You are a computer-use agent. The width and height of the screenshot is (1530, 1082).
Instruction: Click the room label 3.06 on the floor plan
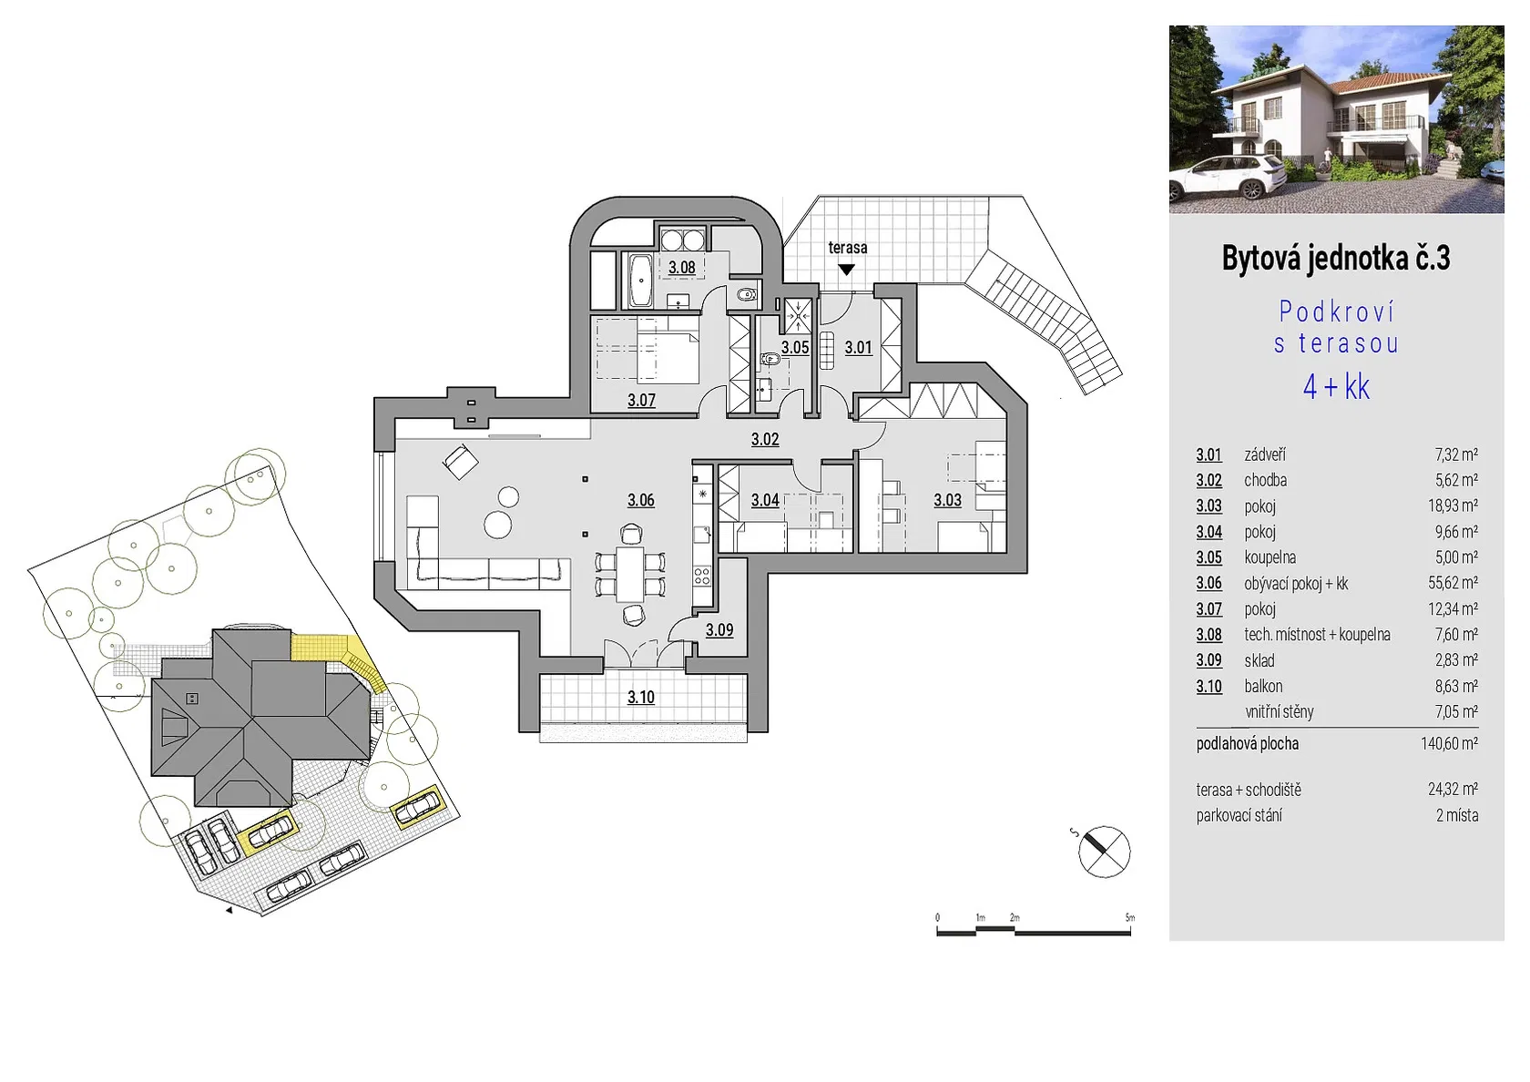point(641,501)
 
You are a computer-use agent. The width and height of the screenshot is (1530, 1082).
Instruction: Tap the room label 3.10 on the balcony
point(641,698)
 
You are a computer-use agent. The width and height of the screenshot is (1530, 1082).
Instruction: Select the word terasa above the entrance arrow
point(848,248)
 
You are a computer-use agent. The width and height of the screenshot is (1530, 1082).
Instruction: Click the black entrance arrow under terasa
point(846,270)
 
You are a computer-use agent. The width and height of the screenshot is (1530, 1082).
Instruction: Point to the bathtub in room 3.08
point(640,281)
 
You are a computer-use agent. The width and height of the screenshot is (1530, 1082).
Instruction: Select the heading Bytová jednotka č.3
point(1335,259)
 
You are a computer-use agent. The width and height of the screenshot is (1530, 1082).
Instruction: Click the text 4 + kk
point(1336,387)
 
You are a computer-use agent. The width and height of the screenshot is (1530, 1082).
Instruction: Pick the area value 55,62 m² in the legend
point(1456,583)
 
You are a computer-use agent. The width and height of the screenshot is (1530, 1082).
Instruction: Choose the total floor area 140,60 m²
point(1450,743)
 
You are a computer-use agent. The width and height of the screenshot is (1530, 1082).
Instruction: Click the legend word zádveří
point(1265,455)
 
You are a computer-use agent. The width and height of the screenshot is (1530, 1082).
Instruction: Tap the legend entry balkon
point(1263,686)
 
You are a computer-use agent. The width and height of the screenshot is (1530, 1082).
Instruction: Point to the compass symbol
point(1104,852)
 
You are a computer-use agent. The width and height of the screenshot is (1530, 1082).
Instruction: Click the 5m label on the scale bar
point(1130,917)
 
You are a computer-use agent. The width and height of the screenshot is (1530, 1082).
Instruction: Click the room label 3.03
point(947,501)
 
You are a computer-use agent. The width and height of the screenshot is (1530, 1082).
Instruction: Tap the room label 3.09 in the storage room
point(719,630)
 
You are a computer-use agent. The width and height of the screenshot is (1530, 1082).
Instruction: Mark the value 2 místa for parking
point(1457,816)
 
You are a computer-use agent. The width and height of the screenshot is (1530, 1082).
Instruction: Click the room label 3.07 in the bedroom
point(641,401)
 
